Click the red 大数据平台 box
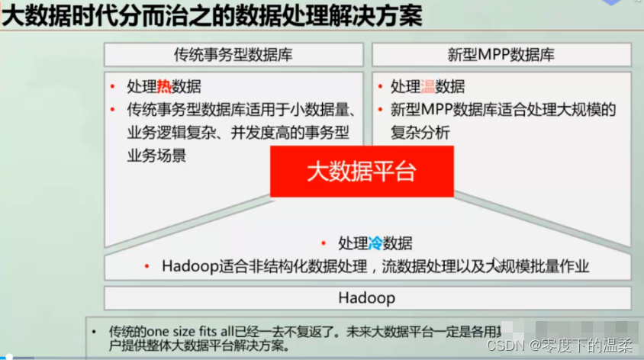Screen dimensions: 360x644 pyautogui.click(x=362, y=171)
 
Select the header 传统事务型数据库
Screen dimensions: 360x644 pyautogui.click(x=233, y=55)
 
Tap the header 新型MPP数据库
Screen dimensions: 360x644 pyautogui.click(x=501, y=55)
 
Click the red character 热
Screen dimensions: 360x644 pyautogui.click(x=165, y=87)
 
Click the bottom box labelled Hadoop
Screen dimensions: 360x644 pyautogui.click(x=367, y=297)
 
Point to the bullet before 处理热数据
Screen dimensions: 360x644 pyautogui.click(x=113, y=87)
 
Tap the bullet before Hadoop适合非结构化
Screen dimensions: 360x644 pyautogui.click(x=147, y=266)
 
